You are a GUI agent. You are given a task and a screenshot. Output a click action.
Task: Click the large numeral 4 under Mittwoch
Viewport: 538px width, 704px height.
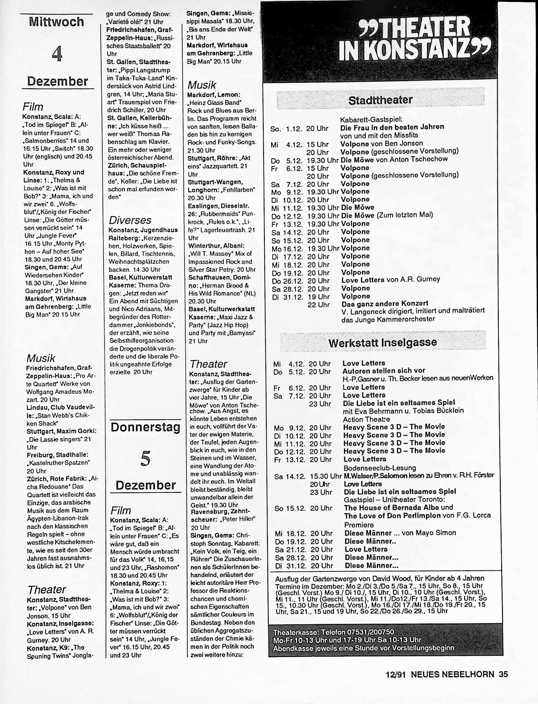pyautogui.click(x=57, y=53)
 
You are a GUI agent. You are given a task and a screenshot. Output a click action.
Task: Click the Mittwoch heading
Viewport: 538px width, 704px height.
pyautogui.click(x=56, y=22)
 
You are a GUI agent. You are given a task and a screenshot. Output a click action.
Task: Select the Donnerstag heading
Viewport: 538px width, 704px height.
pyautogui.click(x=146, y=428)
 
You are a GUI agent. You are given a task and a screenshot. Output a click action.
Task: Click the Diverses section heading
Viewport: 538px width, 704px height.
pyautogui.click(x=130, y=220)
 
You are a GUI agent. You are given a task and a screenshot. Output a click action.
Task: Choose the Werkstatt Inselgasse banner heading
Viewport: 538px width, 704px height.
pyautogui.click(x=382, y=342)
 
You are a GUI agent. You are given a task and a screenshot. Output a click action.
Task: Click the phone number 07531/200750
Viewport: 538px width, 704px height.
pyautogui.click(x=374, y=632)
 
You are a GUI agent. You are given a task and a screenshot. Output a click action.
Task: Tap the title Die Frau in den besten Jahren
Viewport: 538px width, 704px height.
pyautogui.click(x=392, y=127)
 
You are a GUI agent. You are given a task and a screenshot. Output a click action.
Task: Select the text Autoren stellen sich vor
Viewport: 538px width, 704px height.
pyautogui.click(x=384, y=371)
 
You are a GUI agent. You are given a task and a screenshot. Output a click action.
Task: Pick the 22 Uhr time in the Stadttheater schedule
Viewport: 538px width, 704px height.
pyautogui.click(x=318, y=305)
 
